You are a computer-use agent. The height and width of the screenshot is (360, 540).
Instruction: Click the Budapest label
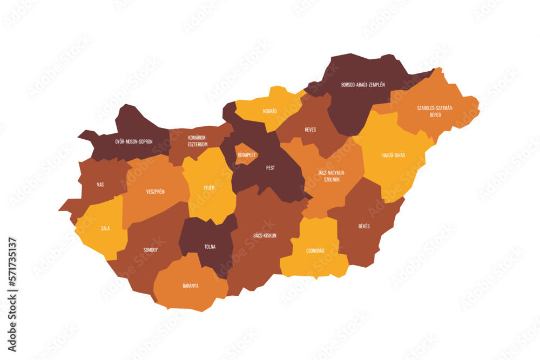pos(246,155)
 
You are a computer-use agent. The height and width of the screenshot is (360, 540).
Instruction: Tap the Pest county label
pos(271,168)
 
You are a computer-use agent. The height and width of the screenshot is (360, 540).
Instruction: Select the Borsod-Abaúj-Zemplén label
pos(363,85)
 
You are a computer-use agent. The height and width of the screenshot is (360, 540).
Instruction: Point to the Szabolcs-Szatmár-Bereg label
pos(435,111)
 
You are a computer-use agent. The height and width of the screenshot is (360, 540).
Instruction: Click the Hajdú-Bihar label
pos(394,155)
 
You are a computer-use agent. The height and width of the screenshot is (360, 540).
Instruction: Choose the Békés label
pos(364,226)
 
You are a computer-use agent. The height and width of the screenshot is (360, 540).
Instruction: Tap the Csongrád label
pos(315,250)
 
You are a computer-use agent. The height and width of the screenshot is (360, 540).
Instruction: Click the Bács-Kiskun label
pos(265,235)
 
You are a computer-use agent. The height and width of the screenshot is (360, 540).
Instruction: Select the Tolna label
pos(210,247)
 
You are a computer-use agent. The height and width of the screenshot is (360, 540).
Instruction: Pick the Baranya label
pos(190,286)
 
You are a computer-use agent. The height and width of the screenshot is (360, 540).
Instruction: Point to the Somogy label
pos(151,250)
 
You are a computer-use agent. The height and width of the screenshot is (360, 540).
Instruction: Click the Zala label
pos(105,228)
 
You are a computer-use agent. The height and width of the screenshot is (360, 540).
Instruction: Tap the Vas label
pos(100,185)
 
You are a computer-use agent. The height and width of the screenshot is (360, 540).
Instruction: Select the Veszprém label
pos(156,192)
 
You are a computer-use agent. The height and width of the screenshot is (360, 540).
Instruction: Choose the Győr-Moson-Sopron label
pos(134,141)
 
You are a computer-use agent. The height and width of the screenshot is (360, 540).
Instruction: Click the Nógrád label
pos(269,111)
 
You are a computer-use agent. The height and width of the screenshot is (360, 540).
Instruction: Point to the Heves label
pos(310,130)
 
